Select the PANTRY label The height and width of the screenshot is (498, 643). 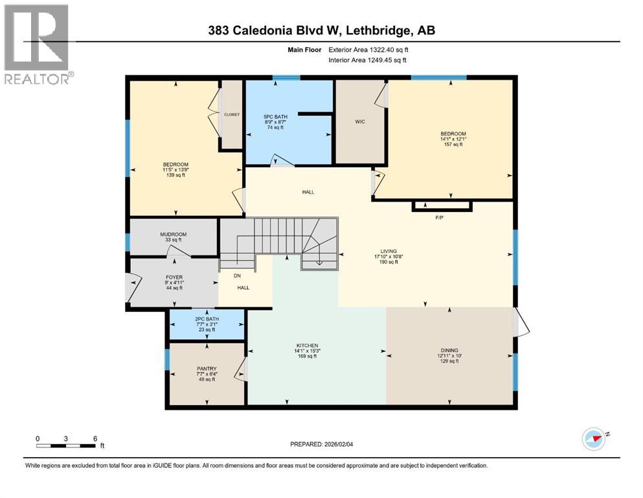(207, 368)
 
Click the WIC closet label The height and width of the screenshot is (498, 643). (361, 121)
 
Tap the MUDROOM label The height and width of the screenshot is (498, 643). (173, 234)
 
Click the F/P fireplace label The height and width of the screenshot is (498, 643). (438, 217)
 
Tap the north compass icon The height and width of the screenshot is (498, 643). (595, 439)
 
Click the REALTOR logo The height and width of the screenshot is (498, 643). (38, 43)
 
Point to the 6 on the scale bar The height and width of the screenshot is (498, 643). (95, 438)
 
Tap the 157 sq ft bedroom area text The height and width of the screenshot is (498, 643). (453, 144)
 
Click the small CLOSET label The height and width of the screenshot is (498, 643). (232, 114)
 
